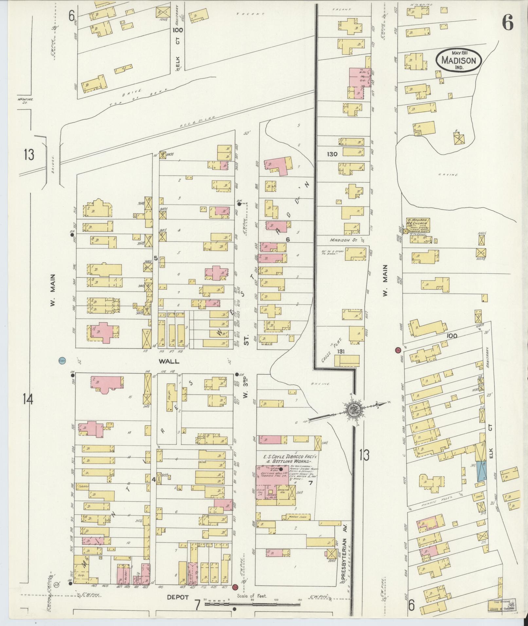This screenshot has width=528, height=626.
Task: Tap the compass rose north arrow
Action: [354, 409]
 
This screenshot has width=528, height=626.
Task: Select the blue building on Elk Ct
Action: [481, 471]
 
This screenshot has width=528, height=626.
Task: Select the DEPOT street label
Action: [177, 597]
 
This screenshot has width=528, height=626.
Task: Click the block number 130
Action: [332, 154]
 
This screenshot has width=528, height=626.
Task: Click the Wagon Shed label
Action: [295, 517]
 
